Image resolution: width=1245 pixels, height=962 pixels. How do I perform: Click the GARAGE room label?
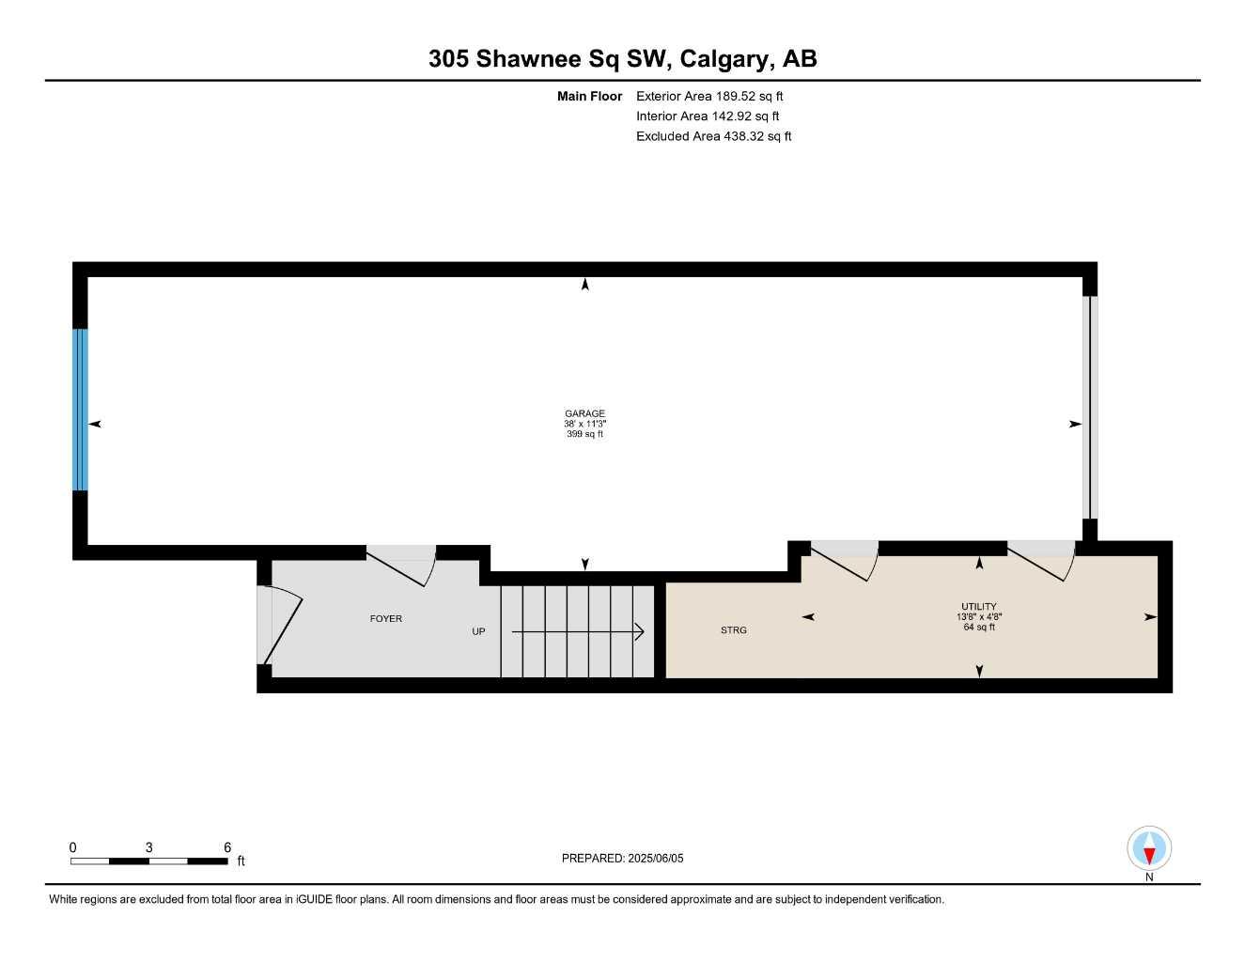click(x=584, y=413)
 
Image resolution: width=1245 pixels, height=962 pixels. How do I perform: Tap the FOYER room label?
click(x=386, y=619)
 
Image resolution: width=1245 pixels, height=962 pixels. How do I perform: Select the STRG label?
click(x=734, y=630)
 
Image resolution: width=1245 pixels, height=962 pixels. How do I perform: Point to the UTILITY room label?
click(x=979, y=606)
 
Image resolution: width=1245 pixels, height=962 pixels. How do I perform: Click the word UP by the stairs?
click(x=478, y=631)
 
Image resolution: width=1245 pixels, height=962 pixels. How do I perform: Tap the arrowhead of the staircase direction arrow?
click(x=640, y=632)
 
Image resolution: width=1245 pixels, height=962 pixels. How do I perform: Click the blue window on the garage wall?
click(x=81, y=410)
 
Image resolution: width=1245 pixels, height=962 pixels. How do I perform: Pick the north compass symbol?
click(x=1149, y=850)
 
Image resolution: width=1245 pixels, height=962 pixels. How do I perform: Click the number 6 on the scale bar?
click(x=227, y=847)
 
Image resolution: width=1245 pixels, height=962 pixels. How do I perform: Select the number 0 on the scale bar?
click(x=73, y=847)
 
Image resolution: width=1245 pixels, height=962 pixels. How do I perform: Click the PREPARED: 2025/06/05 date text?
click(x=623, y=858)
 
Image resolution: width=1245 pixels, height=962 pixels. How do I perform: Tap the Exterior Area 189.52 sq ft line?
click(x=709, y=96)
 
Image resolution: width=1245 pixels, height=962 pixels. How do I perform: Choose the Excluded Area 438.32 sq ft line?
click(x=713, y=136)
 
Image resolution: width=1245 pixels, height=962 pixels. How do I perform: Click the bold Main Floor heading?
click(x=589, y=96)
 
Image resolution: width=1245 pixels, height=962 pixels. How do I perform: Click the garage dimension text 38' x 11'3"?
click(x=584, y=424)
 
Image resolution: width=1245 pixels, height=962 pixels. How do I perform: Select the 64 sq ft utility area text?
click(x=979, y=627)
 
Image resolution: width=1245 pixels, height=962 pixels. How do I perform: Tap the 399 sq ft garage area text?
click(x=584, y=434)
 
